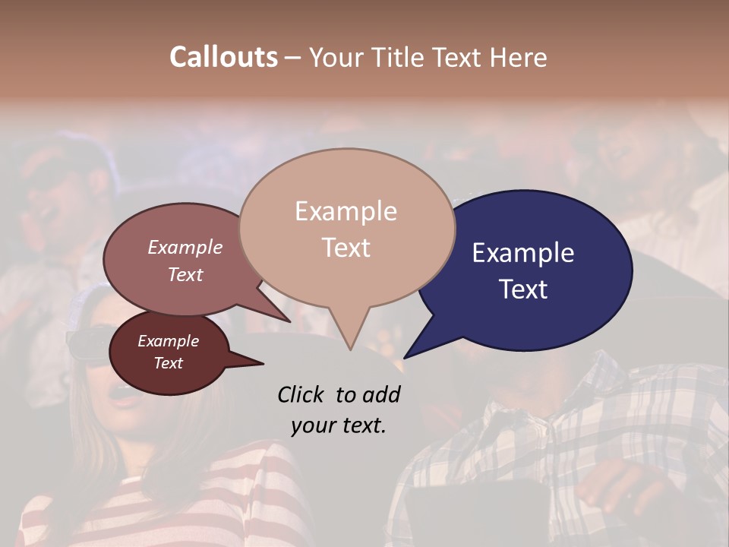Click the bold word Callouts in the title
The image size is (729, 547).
click(x=223, y=57)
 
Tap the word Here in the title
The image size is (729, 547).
click(x=519, y=57)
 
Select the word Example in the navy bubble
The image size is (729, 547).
click(x=523, y=253)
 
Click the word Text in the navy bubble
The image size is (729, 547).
click(x=523, y=289)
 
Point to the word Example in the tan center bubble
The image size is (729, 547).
click(x=346, y=211)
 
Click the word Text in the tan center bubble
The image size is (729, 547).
click(x=346, y=248)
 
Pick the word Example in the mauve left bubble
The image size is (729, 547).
click(x=185, y=247)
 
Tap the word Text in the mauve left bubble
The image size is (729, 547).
click(x=185, y=274)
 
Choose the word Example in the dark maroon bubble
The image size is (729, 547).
click(x=169, y=341)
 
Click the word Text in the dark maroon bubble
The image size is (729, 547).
click(x=169, y=363)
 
